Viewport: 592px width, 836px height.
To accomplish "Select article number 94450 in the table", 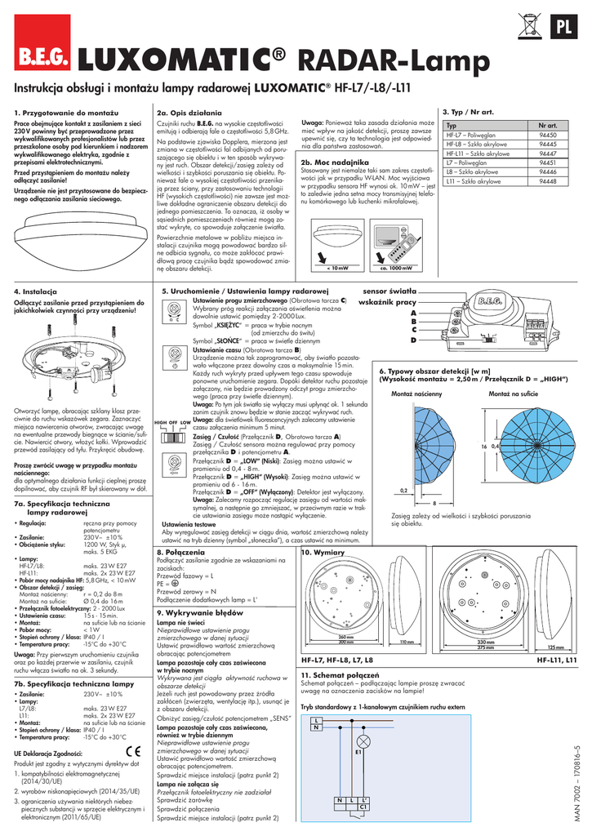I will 548,134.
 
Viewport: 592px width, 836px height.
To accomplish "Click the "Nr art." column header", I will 548,125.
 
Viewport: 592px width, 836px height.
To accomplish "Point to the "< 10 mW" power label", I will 336,267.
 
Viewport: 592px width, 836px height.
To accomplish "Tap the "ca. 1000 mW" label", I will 396,267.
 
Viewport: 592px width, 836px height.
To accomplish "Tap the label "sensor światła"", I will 389,291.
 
